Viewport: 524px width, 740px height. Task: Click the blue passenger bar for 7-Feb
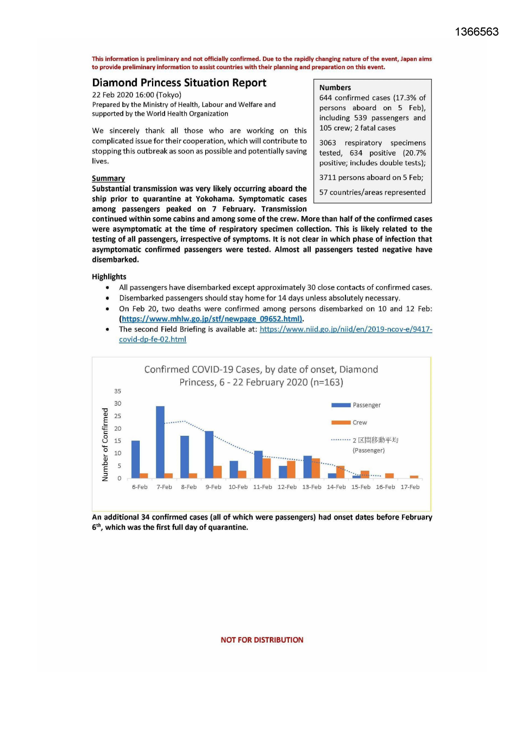(x=160, y=442)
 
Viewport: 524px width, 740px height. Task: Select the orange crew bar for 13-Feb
(x=316, y=468)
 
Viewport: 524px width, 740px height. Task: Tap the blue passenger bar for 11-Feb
(x=258, y=464)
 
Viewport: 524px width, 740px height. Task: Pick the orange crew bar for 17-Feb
(x=414, y=477)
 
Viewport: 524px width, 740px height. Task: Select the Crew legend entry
(x=349, y=422)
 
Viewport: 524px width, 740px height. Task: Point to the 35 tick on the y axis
(x=117, y=391)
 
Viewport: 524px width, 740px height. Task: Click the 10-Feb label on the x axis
(x=238, y=487)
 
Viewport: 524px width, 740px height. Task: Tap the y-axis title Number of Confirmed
(x=105, y=444)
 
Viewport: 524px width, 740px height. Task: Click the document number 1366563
(x=477, y=32)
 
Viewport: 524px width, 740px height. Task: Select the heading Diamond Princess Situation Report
(x=179, y=83)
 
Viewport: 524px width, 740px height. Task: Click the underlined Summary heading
(x=109, y=178)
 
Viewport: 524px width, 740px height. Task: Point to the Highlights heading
(x=109, y=277)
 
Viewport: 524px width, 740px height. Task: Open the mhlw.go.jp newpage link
(x=212, y=319)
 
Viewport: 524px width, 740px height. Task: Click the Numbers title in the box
(x=335, y=88)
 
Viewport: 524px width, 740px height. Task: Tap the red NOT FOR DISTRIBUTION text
(x=262, y=640)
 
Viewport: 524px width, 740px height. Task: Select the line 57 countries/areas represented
(x=372, y=192)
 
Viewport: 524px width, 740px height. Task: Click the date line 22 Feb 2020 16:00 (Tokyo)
(x=136, y=95)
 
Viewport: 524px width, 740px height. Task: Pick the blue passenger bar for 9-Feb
(x=209, y=454)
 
